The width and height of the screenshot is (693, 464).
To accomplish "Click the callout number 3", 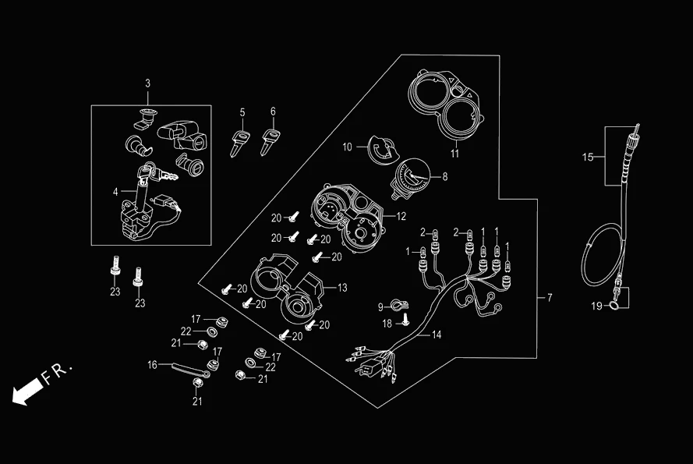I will (148, 83).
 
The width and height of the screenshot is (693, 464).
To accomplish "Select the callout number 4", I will (115, 191).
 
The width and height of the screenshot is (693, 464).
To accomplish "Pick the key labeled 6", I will (270, 141).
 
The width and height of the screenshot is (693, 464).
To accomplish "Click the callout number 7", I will (549, 299).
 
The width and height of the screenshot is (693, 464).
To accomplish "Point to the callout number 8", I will (445, 177).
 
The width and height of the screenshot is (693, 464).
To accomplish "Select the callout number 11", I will (454, 153).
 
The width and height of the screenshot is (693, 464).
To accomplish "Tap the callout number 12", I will (401, 215).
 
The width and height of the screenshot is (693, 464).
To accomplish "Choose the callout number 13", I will (341, 288).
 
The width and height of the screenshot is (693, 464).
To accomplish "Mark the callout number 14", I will (437, 335).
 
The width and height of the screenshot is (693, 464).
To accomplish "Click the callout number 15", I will (588, 158).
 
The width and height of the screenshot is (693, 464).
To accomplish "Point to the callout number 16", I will (153, 364).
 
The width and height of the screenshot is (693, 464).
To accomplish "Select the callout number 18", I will (387, 323).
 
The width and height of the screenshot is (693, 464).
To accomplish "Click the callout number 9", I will (381, 306).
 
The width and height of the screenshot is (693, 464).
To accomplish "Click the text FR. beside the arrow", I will (57, 373).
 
